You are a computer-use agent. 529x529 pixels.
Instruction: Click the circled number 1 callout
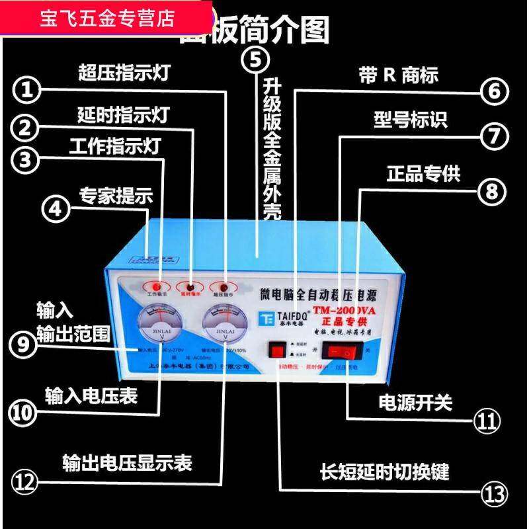(x=27, y=92)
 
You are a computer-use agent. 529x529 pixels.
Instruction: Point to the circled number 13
(x=493, y=493)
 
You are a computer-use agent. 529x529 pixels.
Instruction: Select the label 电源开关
(x=415, y=401)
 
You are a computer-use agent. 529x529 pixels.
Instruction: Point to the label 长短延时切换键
(x=385, y=471)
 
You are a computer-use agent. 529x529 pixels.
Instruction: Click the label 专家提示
(x=116, y=196)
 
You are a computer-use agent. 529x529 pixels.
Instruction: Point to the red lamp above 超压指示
(x=224, y=286)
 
